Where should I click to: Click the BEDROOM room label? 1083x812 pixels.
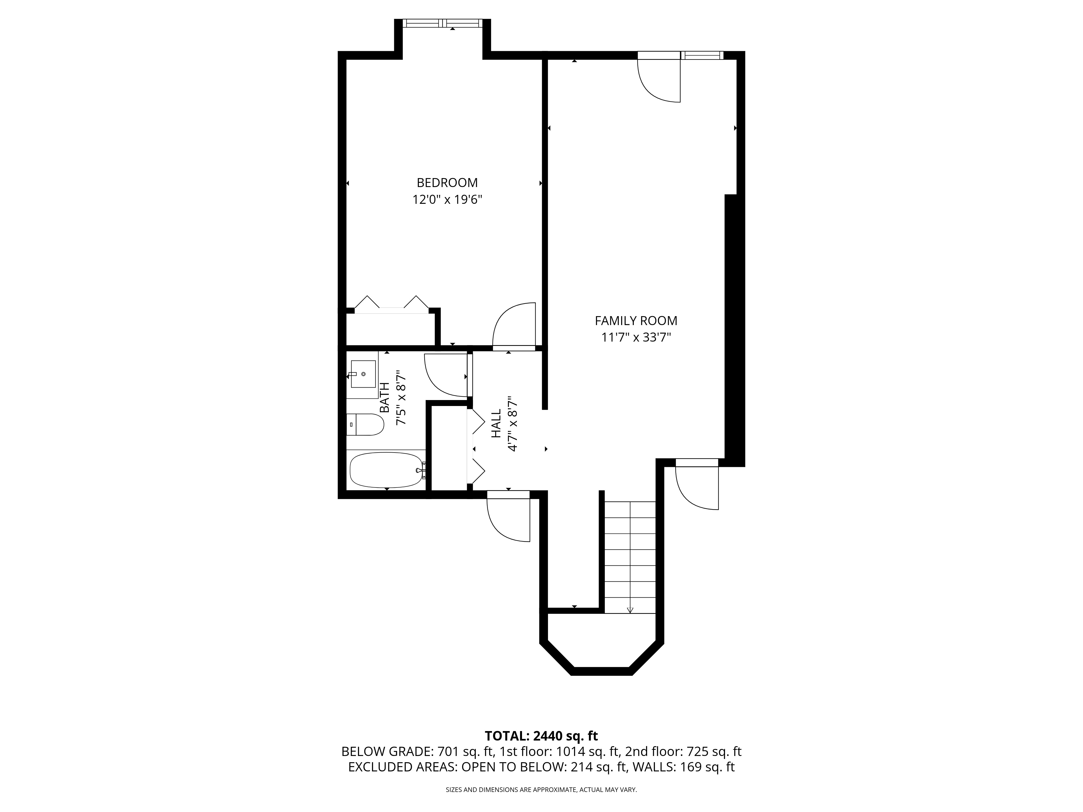(x=447, y=183)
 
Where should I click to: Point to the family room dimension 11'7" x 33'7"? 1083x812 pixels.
(x=636, y=337)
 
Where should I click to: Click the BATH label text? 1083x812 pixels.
(x=385, y=397)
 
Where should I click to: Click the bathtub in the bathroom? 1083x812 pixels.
(x=386, y=470)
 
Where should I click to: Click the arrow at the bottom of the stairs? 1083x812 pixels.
(x=630, y=610)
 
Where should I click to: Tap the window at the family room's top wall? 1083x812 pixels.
(x=703, y=55)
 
